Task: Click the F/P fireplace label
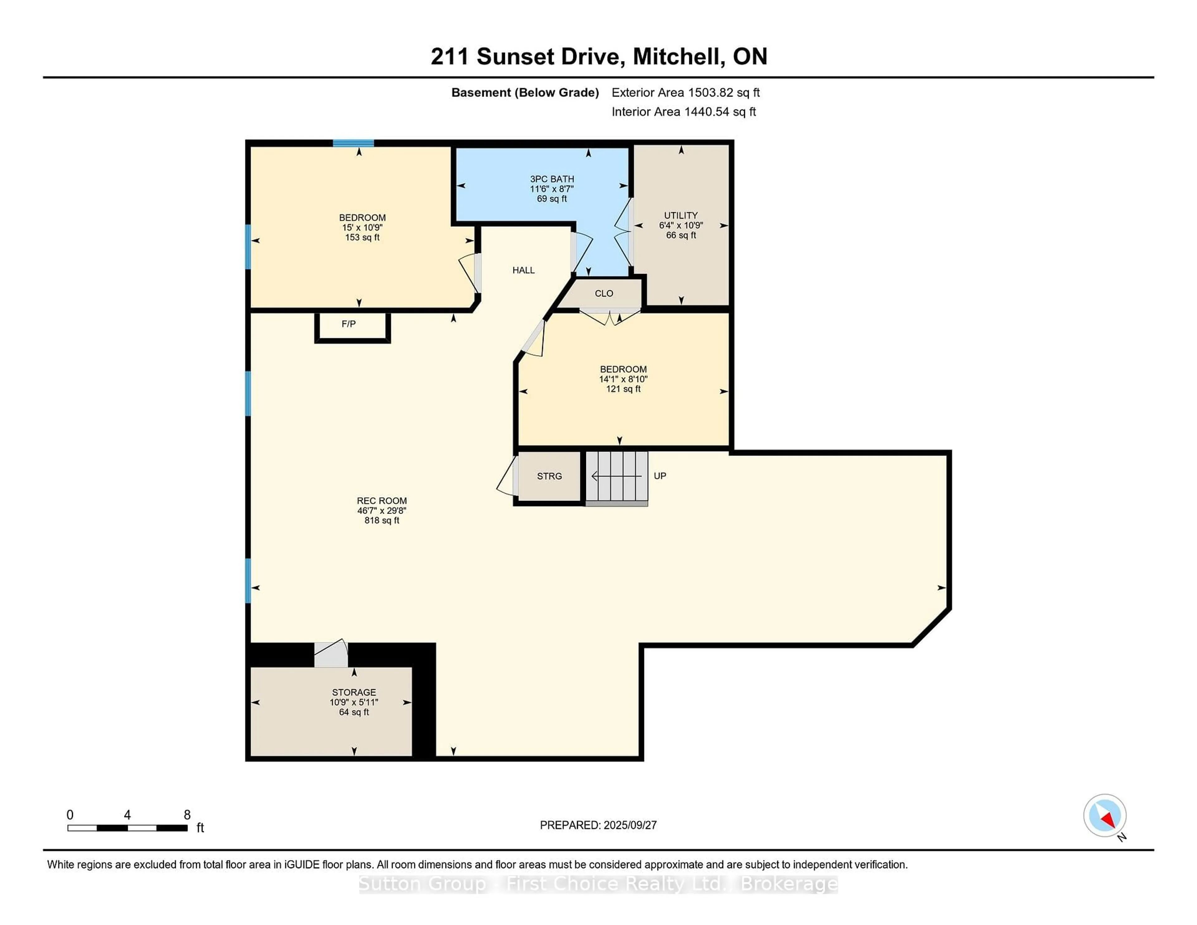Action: pos(349,324)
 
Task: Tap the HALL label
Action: pos(523,270)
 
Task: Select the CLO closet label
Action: pos(604,294)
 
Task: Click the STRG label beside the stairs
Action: pos(549,476)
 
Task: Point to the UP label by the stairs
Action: pos(660,476)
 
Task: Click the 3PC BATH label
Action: pos(552,179)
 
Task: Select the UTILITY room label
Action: pos(681,215)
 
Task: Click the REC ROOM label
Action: pos(382,501)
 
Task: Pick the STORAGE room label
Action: pos(354,693)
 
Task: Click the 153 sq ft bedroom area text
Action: pos(362,237)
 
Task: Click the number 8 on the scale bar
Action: pos(187,815)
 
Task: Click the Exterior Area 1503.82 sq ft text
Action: pos(686,93)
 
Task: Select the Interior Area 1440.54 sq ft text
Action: pos(684,112)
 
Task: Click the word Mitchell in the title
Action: pos(677,56)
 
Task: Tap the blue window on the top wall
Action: pos(353,144)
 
